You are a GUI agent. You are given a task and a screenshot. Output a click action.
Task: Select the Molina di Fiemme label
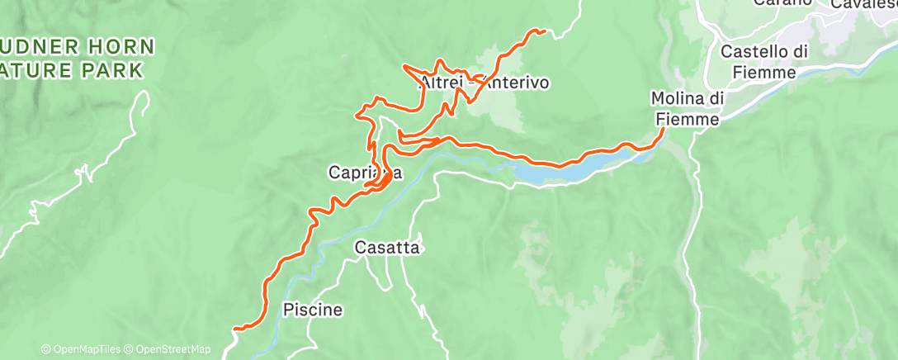click(688, 109)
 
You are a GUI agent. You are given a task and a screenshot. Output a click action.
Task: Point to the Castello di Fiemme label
click(763, 62)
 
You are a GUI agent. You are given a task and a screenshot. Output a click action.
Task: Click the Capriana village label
click(365, 173)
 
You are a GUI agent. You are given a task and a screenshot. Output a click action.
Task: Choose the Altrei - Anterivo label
click(484, 83)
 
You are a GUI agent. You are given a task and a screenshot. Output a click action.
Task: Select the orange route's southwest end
click(235, 329)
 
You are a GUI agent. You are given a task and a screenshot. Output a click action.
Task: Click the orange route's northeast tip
click(544, 31)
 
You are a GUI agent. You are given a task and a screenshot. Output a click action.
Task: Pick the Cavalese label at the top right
click(863, 4)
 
